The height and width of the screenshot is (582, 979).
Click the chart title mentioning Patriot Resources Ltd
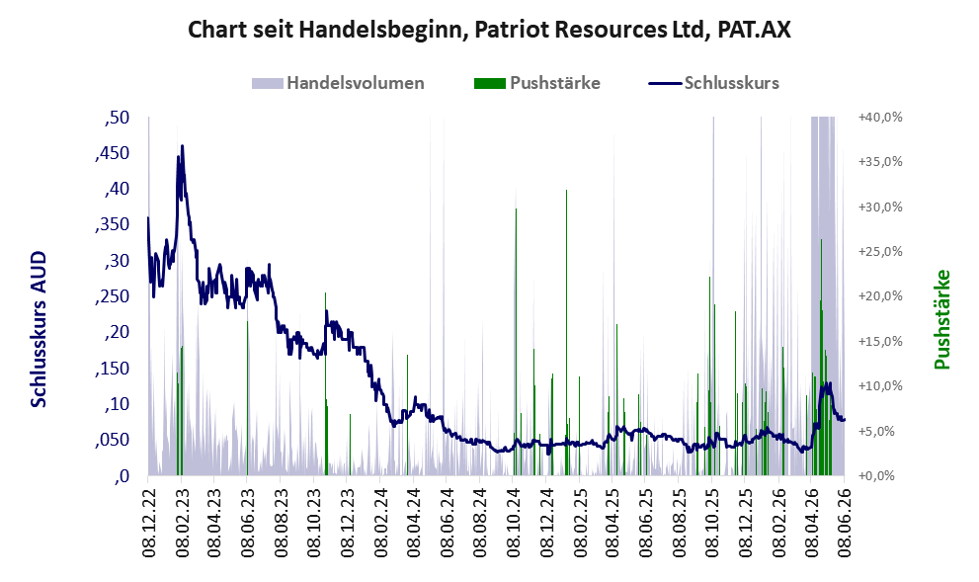point(490,30)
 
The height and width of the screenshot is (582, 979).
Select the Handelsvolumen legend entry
point(338,83)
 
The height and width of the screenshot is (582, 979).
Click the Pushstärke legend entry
point(537,83)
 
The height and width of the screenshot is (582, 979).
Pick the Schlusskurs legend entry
point(713,83)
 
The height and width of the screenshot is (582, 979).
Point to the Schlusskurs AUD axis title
point(39,329)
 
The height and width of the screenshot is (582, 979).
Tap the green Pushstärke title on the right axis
point(941,319)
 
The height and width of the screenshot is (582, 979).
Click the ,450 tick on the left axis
point(113,153)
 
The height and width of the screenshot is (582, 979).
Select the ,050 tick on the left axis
point(113,441)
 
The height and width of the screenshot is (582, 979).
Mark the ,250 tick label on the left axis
point(113,296)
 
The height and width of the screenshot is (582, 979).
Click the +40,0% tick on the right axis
point(880,118)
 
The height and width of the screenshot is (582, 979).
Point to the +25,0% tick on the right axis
point(880,252)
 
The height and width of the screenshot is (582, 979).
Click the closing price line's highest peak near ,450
point(183,146)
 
